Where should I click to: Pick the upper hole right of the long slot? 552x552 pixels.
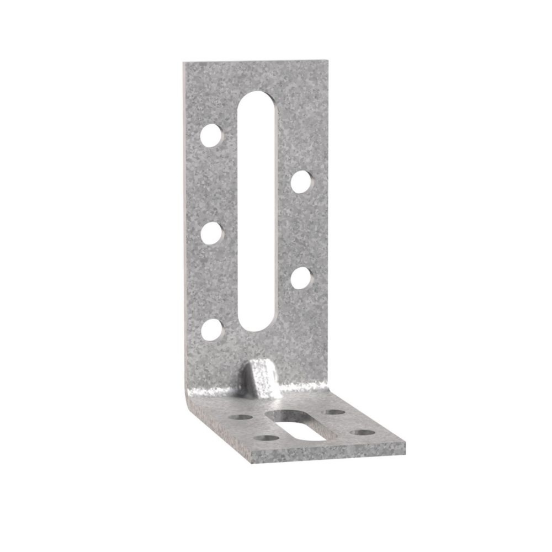click(300, 181)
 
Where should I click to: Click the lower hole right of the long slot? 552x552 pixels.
click(300, 277)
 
